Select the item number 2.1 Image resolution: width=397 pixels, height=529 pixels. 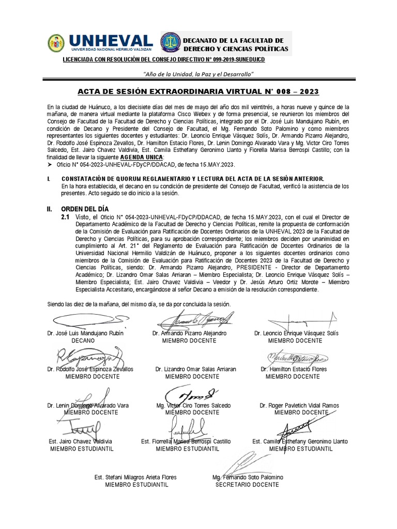(x=65, y=217)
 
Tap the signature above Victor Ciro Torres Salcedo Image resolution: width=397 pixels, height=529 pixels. (x=192, y=394)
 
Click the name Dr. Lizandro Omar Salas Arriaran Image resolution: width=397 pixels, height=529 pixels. (x=195, y=369)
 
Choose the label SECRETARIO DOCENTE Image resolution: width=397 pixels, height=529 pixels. (x=247, y=485)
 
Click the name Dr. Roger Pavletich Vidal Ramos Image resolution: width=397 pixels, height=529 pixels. (x=299, y=406)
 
